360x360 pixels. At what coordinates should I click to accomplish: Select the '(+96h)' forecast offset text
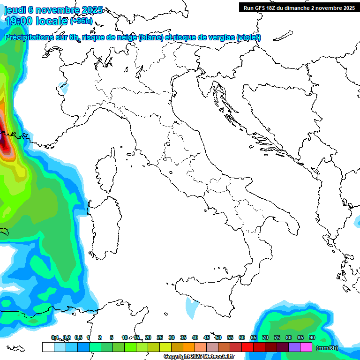(81, 21)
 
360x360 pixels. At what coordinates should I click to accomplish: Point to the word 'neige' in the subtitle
(126, 37)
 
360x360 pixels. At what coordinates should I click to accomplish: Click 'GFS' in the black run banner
(262, 8)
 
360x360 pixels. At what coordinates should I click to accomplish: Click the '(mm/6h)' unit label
(327, 348)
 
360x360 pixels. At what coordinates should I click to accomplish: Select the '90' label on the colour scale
(312, 337)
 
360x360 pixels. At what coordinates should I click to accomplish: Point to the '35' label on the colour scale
(183, 337)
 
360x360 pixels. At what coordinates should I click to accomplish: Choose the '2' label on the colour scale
(100, 337)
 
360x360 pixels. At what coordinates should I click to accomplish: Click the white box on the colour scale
(48, 347)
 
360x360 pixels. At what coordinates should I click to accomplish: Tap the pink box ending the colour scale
(306, 347)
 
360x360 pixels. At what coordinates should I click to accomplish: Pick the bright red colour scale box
(247, 347)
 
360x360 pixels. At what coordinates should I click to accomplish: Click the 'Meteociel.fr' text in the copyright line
(218, 357)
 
